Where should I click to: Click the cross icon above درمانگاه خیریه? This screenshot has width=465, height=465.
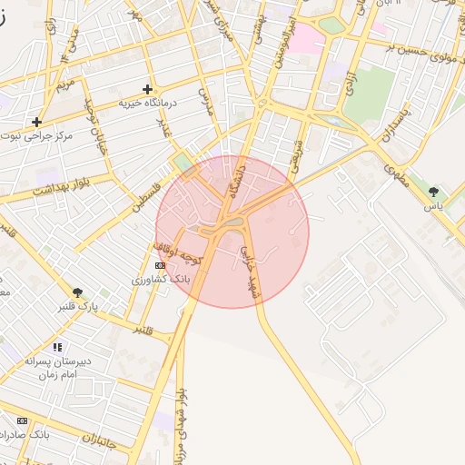pos(147,89)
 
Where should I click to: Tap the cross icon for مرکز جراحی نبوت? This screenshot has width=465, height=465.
pos(36,122)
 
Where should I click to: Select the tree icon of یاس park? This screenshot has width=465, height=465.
pos(434,191)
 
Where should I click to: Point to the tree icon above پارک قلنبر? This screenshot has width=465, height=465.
pos(76,292)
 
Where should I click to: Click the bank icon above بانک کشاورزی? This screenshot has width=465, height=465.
pos(161,265)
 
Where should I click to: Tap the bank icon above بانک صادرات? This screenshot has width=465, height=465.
pos(22,421)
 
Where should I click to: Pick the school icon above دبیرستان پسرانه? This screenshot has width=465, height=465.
pos(58,346)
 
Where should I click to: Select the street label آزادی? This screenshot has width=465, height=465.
pos(350,83)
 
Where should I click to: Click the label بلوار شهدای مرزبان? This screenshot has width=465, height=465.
pos(183,422)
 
